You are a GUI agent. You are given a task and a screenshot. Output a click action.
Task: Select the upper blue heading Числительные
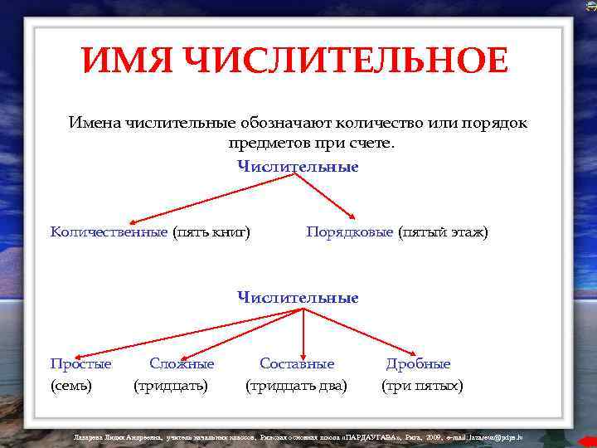tap(298, 166)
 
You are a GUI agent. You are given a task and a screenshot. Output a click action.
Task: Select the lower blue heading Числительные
tap(298, 297)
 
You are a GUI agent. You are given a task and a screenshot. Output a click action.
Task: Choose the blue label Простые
tap(80, 363)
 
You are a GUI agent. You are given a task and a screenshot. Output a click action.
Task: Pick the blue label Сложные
tap(182, 363)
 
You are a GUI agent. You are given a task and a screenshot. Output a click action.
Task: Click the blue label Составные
tap(297, 363)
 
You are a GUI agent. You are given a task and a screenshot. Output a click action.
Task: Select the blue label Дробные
tap(418, 363)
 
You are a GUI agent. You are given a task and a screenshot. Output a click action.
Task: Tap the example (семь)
tap(71, 386)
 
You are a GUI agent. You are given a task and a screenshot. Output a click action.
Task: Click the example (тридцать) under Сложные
tap(171, 386)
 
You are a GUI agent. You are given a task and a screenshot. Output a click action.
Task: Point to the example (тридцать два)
tap(296, 386)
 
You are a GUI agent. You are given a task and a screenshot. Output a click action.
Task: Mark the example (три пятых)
tap(422, 386)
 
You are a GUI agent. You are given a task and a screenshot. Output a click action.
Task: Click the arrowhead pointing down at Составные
tap(303, 350)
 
